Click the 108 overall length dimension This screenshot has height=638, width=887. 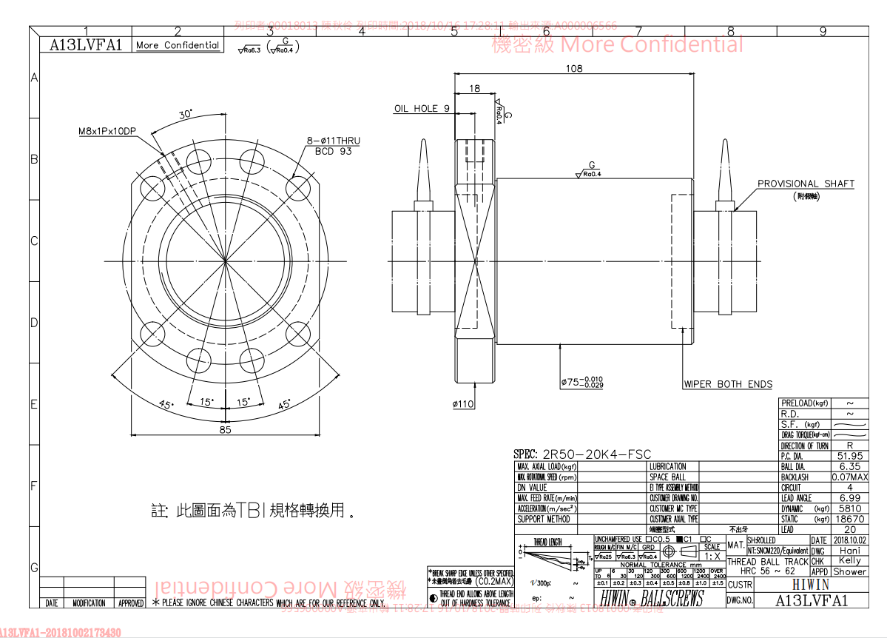tap(573, 68)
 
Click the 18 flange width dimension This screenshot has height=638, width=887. tap(474, 89)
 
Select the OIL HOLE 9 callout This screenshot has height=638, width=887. tap(422, 109)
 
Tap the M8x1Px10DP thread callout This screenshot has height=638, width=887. tap(107, 131)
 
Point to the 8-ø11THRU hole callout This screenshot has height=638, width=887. tap(333, 141)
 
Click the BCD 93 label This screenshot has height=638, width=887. tap(334, 151)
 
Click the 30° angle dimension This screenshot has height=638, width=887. tap(185, 114)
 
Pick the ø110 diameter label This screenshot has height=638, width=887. tap(462, 404)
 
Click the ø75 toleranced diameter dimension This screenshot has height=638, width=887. tap(581, 382)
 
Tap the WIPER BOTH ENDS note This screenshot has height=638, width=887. tap(728, 384)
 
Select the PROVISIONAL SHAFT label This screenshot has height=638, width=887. tap(806, 184)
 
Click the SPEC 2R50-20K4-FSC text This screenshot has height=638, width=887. tap(582, 454)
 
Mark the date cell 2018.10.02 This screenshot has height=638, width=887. tap(849, 540)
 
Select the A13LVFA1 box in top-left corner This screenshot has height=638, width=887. tap(85, 45)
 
